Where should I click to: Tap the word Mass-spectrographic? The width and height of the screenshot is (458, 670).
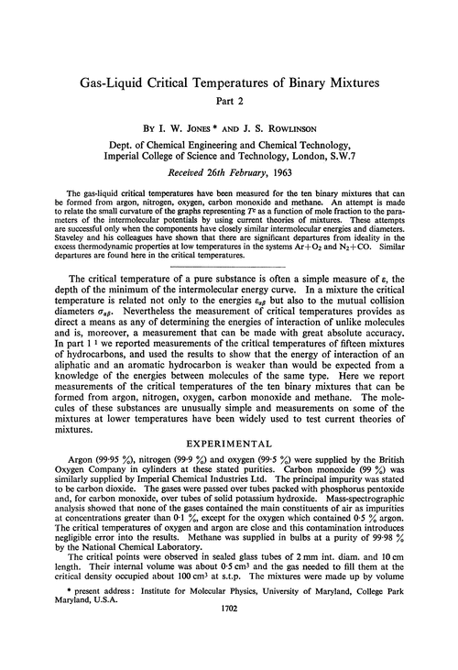(386, 513)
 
